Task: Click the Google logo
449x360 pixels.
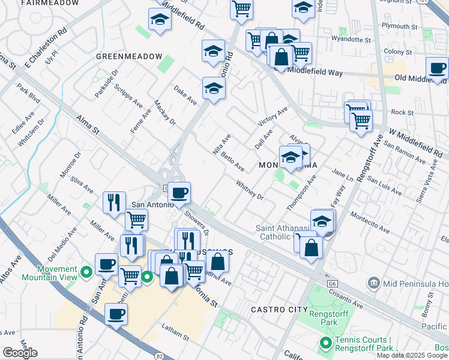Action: tap(20, 353)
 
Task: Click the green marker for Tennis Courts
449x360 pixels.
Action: tap(326, 343)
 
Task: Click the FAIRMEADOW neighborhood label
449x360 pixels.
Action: tap(50, 3)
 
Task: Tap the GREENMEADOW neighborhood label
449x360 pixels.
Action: tap(129, 56)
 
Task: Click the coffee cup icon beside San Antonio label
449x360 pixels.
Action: tap(179, 193)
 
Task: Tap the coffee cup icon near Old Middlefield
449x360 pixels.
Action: tap(437, 68)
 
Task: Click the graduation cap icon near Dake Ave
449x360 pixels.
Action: tap(213, 89)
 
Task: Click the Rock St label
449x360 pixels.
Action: tap(402, 112)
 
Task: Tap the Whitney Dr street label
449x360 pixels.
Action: tap(250, 190)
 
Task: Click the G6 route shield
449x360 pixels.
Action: tap(331, 282)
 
